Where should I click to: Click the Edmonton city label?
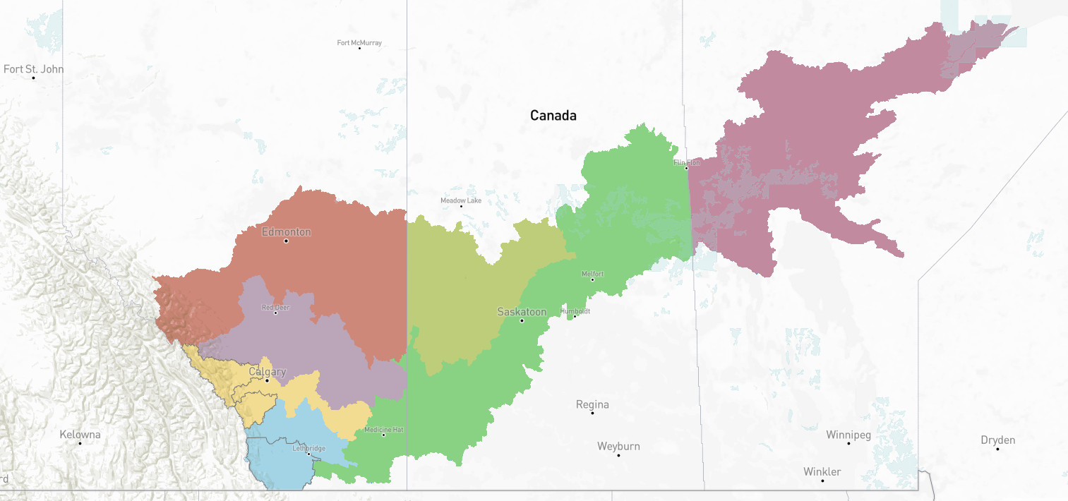tap(286, 231)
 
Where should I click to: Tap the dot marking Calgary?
tap(267, 380)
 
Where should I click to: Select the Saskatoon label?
tap(522, 311)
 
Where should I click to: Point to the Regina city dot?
tap(592, 413)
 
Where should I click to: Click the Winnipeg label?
tap(848, 435)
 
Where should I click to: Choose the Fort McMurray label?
tap(359, 43)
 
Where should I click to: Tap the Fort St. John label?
tap(33, 69)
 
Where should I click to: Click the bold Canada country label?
tap(553, 115)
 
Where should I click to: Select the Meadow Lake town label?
tap(461, 200)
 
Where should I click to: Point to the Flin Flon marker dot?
tap(686, 168)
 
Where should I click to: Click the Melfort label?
tap(592, 274)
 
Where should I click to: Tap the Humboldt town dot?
tap(575, 316)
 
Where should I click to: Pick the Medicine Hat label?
tap(384, 430)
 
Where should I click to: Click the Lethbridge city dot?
tap(308, 454)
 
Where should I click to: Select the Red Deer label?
tap(275, 307)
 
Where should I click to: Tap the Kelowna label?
tap(80, 434)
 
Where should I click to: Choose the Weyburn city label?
tap(618, 446)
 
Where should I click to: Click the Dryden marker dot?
tap(997, 449)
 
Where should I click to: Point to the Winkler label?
tap(822, 471)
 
